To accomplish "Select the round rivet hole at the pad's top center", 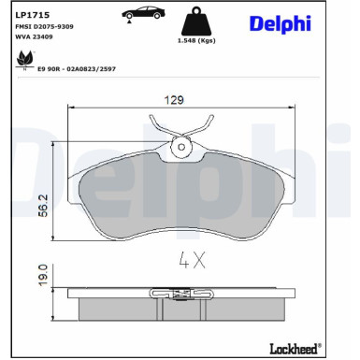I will coord(180,146).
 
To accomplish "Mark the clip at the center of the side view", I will coord(180,296).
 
